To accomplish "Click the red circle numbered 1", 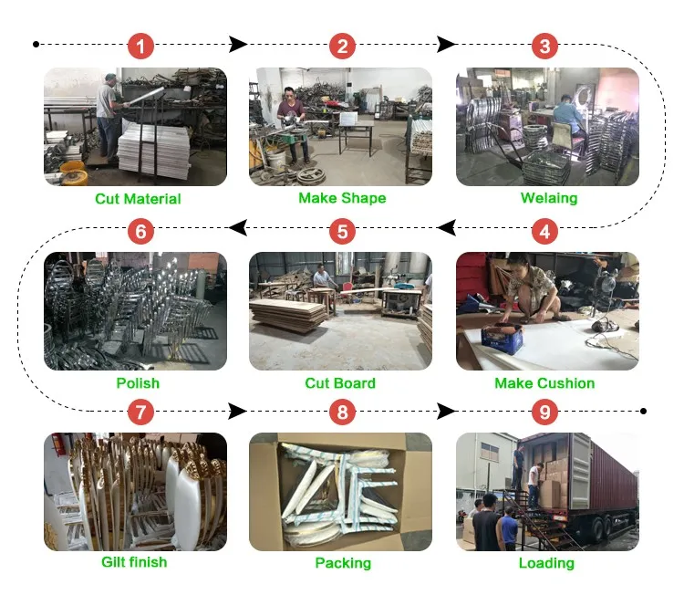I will [x=140, y=46].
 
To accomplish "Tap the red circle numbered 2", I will [x=342, y=46].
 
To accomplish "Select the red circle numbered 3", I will [x=544, y=46].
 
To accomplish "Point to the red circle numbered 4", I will [x=544, y=231].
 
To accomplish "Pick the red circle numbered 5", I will [x=342, y=231].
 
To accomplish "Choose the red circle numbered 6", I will [x=140, y=231].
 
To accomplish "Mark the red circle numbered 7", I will [x=140, y=412].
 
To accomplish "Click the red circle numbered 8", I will [x=342, y=412].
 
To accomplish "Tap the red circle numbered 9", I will [x=544, y=412].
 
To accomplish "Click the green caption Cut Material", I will [x=138, y=199].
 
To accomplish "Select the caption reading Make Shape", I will [x=342, y=198].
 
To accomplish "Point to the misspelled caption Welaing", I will [x=548, y=198].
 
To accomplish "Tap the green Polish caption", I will [x=138, y=383].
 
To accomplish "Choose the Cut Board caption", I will [x=340, y=383].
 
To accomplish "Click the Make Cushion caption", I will [x=544, y=383].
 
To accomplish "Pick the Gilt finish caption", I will [x=134, y=562].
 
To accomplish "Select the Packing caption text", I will [x=343, y=563].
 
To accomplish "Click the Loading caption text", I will [x=546, y=563].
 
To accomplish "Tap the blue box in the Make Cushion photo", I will [x=502, y=339].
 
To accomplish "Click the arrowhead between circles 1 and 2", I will [x=238, y=44].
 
